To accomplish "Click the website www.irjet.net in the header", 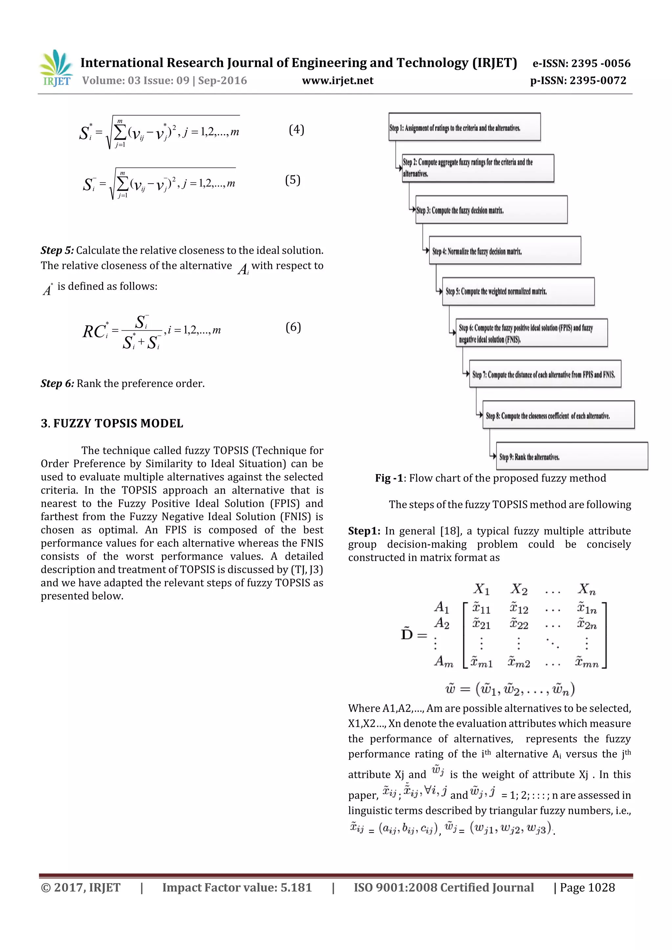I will (x=337, y=81).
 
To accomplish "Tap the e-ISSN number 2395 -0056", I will (x=600, y=63).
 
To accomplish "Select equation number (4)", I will (x=296, y=130).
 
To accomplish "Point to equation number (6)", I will (x=293, y=327).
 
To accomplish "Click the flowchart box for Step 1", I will (x=464, y=127).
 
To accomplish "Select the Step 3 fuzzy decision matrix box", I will (x=491, y=210).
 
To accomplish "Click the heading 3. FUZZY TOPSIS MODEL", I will (x=112, y=423).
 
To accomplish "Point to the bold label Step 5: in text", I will (x=57, y=250).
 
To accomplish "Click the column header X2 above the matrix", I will (x=519, y=589).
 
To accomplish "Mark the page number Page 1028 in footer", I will (x=587, y=887).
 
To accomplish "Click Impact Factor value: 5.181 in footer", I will (x=237, y=887).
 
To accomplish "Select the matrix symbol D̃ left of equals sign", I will (x=407, y=634).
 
